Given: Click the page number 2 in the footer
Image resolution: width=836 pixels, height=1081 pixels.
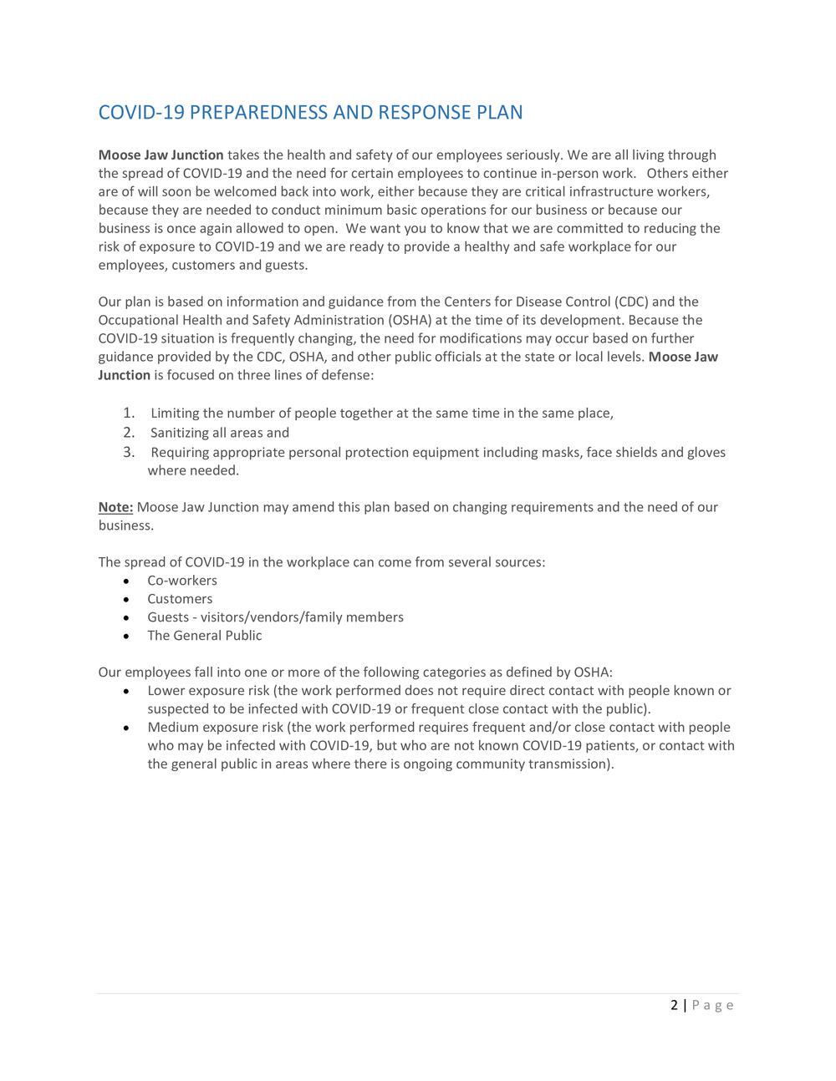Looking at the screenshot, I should pos(674,1005).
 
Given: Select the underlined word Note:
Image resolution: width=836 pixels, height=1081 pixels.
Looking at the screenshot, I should pos(115,507).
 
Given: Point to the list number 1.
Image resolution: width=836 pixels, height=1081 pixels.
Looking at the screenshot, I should pos(129,413).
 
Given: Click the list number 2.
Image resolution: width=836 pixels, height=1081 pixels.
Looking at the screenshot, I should pos(129,432).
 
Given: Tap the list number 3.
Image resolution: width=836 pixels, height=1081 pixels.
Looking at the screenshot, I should pos(129,452).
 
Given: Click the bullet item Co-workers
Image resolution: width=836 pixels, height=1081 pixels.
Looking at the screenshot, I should pos(182,581).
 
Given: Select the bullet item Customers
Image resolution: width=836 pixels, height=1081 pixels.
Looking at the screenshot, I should pos(180,599).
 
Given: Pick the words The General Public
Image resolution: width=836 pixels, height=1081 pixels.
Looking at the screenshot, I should pos(204,636).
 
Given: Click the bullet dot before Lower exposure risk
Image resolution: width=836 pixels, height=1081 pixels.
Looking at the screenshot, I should pos(125,692).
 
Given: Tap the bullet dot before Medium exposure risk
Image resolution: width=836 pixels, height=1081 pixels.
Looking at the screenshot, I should pos(125,728).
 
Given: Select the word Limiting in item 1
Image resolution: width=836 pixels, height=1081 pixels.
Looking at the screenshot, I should pos(175,414).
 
